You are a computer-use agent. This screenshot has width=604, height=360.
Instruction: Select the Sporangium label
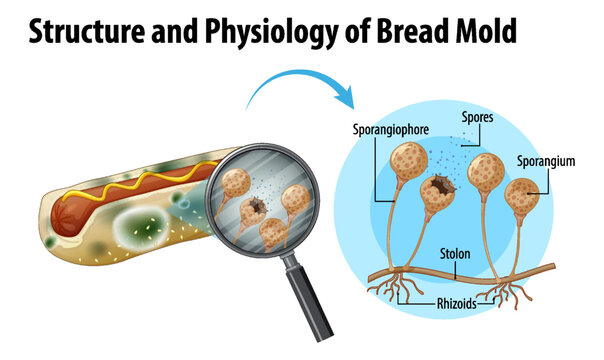(x=547, y=160)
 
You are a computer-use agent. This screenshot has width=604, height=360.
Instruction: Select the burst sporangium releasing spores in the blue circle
(x=440, y=190)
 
